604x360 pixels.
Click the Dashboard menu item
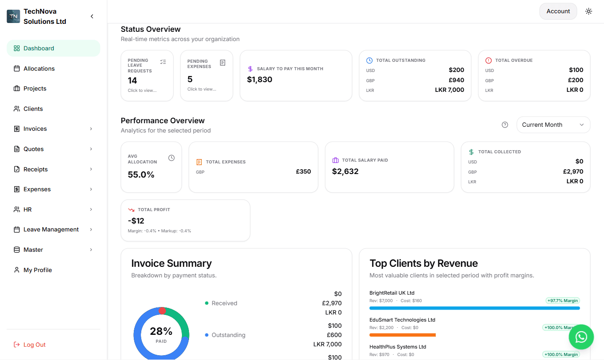[39, 48]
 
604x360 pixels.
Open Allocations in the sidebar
[39, 68]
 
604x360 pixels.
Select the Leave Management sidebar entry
[51, 229]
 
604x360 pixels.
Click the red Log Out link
[34, 345]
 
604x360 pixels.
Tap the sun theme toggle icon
[589, 11]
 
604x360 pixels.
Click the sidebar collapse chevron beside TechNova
[92, 16]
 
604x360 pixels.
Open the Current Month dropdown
[553, 125]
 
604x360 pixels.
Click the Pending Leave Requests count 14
[132, 80]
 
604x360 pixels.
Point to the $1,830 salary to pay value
[260, 80]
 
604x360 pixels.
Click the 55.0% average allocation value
[141, 174]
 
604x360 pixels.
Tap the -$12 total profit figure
[136, 220]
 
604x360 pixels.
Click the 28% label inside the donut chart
[161, 331]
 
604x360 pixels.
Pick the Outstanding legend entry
[228, 335]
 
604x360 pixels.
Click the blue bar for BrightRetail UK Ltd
[474, 308]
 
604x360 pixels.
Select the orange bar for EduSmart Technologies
[402, 335]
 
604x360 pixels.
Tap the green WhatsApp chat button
[581, 337]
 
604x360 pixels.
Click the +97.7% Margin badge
[562, 300]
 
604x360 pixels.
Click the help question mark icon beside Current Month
[505, 125]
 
